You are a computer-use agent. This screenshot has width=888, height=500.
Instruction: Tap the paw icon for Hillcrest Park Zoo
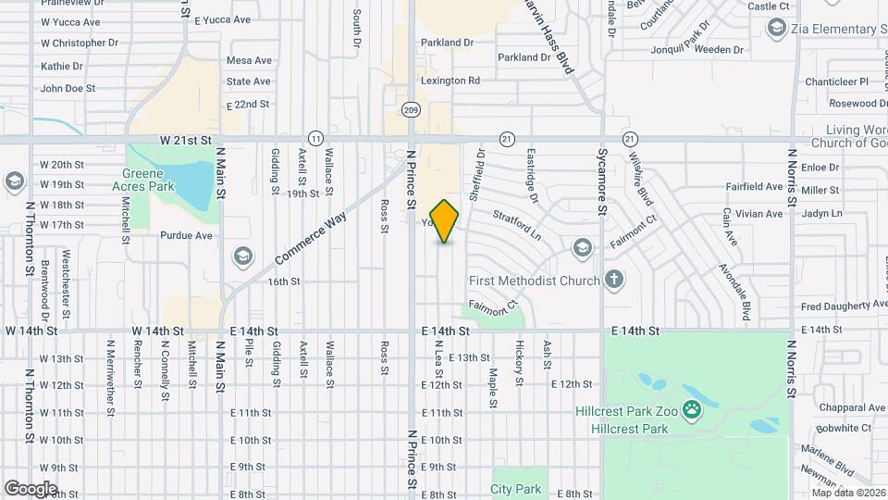coord(690,407)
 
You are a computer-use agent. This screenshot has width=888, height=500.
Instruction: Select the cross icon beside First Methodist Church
coord(614,280)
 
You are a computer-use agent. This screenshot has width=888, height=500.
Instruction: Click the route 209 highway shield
coord(411,109)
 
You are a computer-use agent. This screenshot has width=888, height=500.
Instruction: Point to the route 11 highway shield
coord(315,138)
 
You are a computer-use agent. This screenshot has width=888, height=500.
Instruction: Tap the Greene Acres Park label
coord(143,180)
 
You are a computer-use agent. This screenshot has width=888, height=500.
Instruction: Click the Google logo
coord(31,489)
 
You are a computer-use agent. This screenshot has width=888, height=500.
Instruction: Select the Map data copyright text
coord(849,493)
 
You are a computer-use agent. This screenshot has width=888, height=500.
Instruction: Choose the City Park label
coord(516,488)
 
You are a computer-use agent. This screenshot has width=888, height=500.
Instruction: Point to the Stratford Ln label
coord(516,227)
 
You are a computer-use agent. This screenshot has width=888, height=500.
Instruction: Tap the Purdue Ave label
coord(186,235)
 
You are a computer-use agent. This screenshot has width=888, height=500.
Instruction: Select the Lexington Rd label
coord(450,81)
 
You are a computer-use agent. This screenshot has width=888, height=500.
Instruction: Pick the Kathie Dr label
coord(62,66)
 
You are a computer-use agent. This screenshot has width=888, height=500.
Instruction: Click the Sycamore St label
coord(602,181)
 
